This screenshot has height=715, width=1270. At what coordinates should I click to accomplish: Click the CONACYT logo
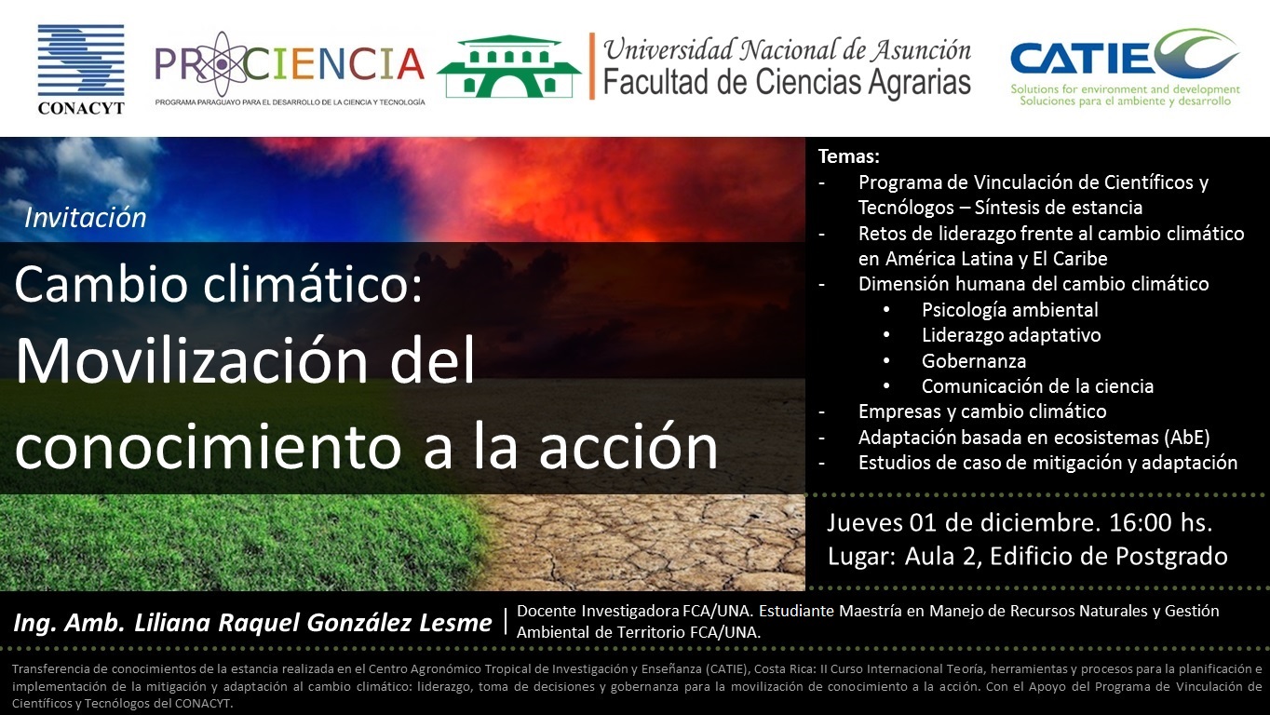click(x=81, y=69)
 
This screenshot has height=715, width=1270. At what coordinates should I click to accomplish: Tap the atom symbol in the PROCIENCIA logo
click(x=220, y=63)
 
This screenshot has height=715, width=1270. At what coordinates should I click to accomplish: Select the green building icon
click(x=508, y=66)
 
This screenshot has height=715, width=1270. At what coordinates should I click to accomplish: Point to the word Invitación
click(x=85, y=218)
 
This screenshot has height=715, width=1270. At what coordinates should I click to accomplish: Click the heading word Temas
click(x=849, y=156)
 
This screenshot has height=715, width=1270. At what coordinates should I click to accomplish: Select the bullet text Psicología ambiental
click(x=1010, y=310)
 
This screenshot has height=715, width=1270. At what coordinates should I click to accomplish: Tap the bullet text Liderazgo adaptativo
click(x=1011, y=335)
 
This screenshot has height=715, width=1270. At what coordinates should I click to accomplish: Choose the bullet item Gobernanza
click(x=974, y=360)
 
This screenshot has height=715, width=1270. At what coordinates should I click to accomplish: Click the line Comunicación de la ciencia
click(x=1037, y=386)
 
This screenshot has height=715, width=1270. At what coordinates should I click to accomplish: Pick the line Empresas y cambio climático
click(x=982, y=411)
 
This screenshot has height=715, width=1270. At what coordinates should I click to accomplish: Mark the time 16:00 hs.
click(x=1160, y=522)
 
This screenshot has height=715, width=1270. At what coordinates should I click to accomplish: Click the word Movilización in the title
click(x=192, y=360)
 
